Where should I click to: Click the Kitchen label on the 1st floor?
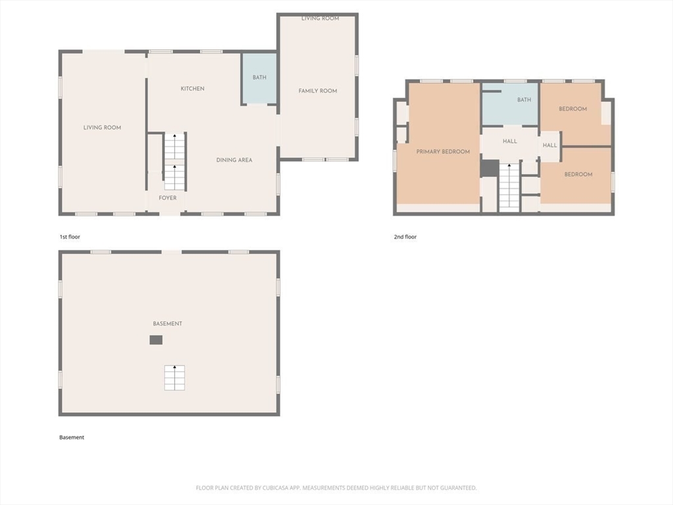coord(193,89)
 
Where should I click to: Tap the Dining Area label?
coord(235,160)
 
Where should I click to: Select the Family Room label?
coord(317,91)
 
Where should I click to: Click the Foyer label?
coord(168,198)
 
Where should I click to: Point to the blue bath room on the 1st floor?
coord(259,78)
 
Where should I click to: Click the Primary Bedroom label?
coord(443,152)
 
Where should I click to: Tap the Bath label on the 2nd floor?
coord(524,100)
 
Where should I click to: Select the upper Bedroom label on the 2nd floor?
coord(572,108)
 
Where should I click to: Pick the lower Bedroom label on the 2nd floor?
coord(578,174)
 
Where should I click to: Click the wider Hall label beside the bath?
coord(510,141)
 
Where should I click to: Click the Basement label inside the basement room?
coord(168,324)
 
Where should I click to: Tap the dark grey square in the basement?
coord(156,340)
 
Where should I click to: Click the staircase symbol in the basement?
coord(175,378)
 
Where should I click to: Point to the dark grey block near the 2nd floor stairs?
coord(489,168)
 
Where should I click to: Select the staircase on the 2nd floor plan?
coord(509,187)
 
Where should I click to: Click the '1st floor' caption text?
coord(70,237)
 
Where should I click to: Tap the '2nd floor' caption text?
coord(405,237)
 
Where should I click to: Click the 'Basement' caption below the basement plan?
coord(72,437)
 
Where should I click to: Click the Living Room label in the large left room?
coord(102,128)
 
